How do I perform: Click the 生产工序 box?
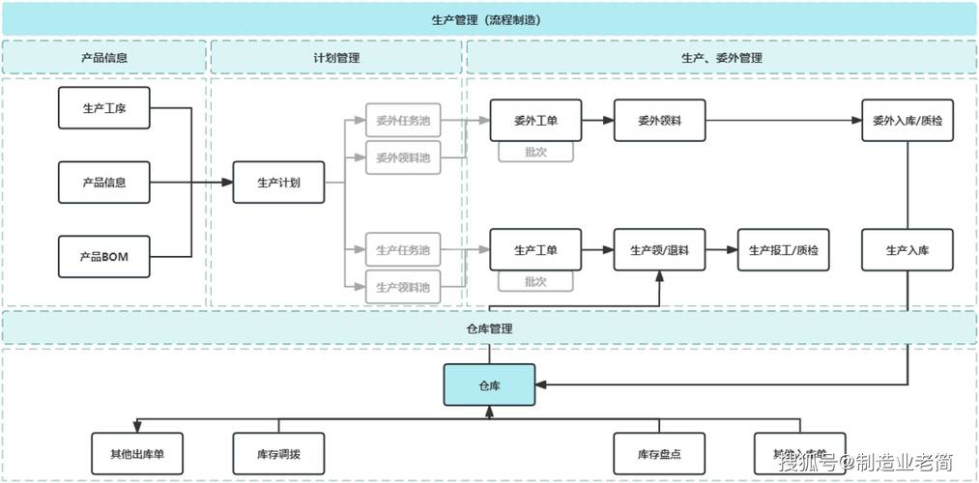[104, 108]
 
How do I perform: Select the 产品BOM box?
[104, 258]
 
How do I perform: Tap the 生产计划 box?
[278, 182]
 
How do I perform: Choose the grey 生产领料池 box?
[403, 287]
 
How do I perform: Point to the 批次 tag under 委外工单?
[535, 152]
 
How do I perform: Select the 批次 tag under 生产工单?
[535, 282]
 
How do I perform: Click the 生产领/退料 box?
[659, 250]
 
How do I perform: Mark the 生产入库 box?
[907, 250]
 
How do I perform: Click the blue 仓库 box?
[489, 384]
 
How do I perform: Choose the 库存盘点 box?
[659, 453]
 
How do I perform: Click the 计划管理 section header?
[335, 58]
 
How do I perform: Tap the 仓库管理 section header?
[489, 328]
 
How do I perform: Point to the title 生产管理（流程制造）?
[489, 18]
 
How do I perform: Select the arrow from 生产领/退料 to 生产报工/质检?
[721, 250]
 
